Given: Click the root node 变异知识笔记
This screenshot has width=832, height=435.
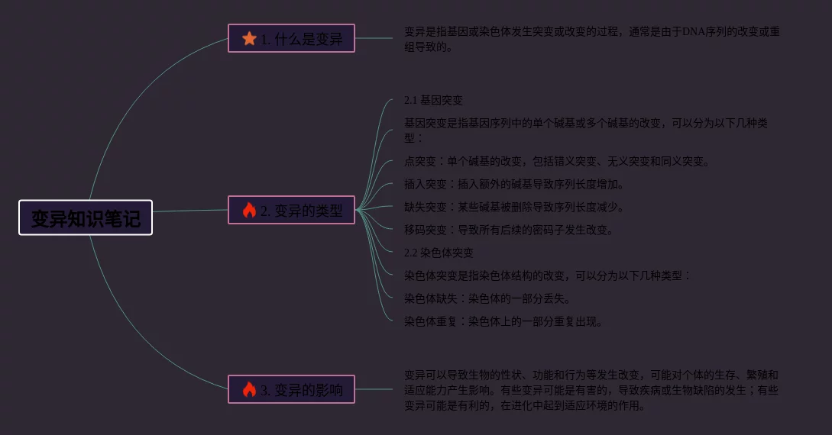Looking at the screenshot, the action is click(86, 218).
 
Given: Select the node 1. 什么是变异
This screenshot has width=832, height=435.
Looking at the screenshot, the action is click(291, 38).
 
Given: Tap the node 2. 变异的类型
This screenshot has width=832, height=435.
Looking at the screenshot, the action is click(291, 210).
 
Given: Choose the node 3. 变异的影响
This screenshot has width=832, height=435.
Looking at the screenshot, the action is click(291, 389).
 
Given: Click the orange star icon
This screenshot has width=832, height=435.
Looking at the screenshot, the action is click(249, 38).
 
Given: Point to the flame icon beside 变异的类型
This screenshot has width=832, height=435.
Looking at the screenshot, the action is click(249, 210).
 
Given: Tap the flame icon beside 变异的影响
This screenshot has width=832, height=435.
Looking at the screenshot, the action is click(249, 389).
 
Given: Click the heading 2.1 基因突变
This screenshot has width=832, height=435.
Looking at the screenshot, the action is click(433, 100).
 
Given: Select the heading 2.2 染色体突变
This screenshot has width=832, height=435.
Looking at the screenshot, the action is click(439, 253).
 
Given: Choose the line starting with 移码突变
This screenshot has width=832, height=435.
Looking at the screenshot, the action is click(509, 230).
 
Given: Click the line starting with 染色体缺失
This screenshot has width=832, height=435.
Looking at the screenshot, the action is click(487, 298).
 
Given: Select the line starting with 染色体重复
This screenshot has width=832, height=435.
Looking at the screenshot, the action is click(503, 321).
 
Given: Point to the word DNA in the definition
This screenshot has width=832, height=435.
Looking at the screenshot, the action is click(695, 32).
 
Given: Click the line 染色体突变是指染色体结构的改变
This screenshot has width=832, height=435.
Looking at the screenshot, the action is click(547, 275).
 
